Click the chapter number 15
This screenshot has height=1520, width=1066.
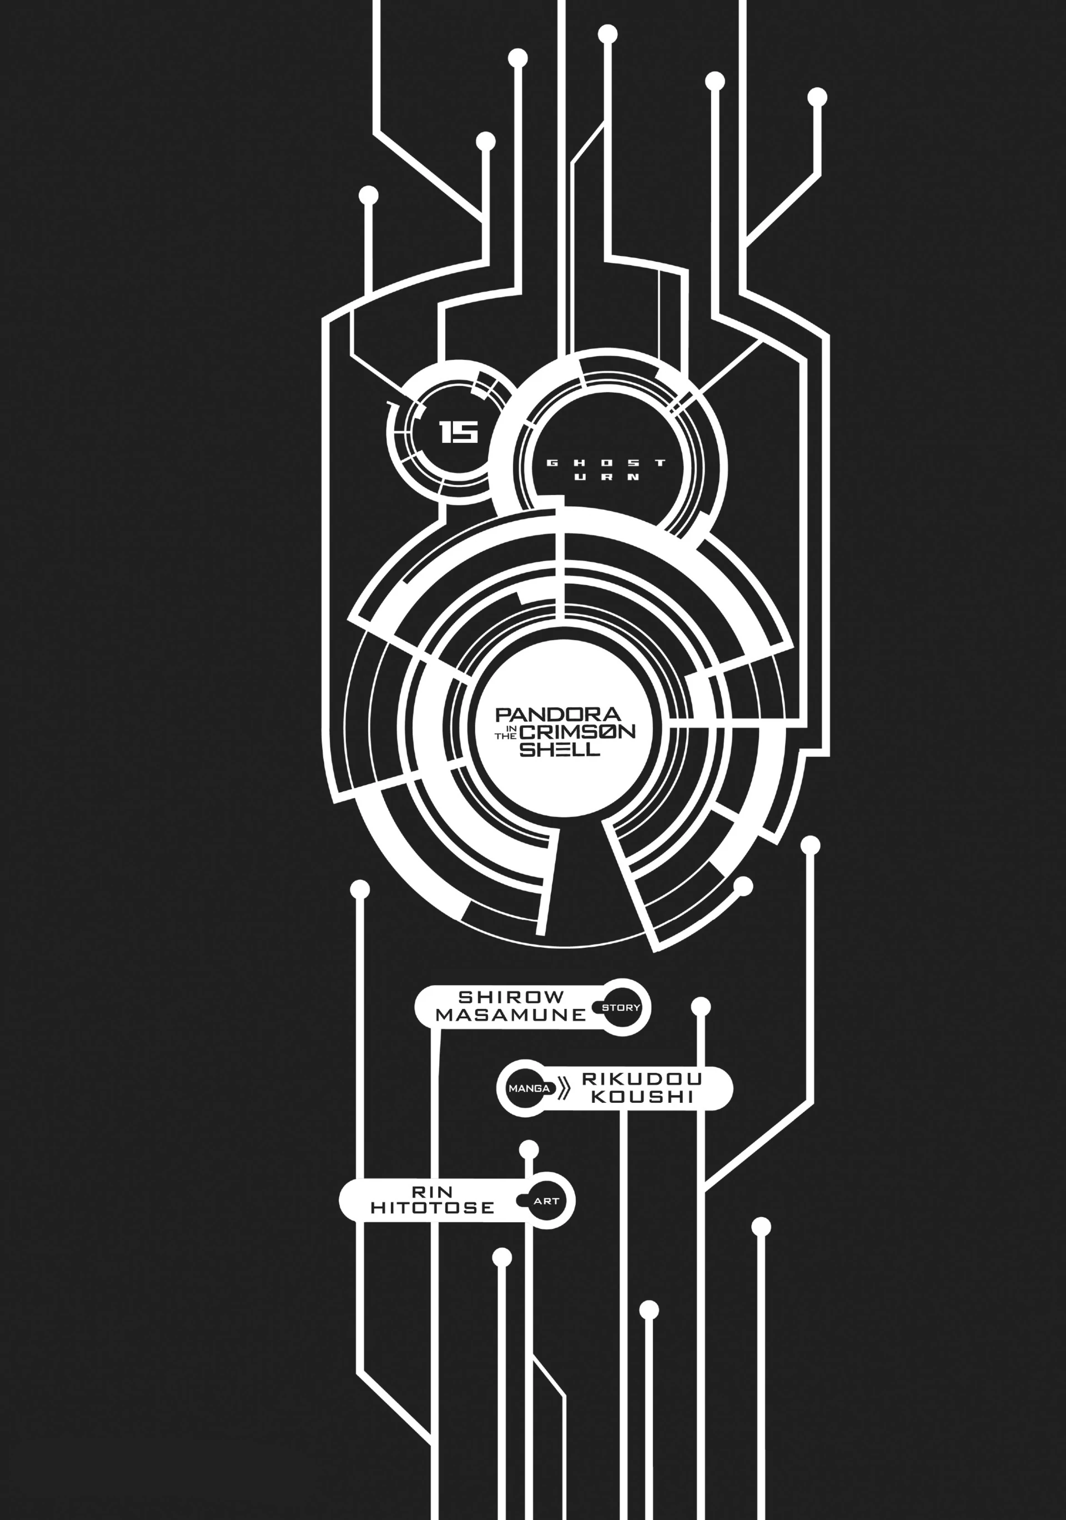tap(458, 433)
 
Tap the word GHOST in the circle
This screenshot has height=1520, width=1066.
tap(606, 463)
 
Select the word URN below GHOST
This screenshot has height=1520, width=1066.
tap(606, 477)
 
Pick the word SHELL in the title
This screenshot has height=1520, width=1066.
tap(560, 749)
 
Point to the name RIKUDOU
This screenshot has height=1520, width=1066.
tap(641, 1078)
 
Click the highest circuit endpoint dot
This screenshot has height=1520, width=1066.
tap(607, 34)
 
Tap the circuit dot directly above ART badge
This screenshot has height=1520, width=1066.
tap(529, 1148)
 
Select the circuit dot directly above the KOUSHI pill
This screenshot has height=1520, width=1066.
tap(700, 1007)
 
